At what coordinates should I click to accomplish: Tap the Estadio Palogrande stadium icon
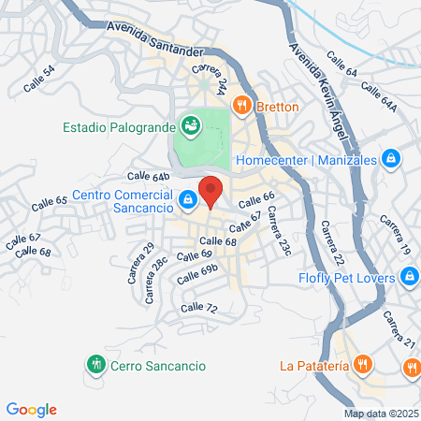click(x=191, y=125)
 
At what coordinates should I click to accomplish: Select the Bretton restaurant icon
click(x=242, y=106)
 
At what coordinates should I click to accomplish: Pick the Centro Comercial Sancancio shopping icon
click(x=189, y=199)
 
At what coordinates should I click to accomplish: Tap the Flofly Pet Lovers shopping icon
click(x=408, y=276)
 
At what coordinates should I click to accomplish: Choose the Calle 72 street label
click(x=198, y=308)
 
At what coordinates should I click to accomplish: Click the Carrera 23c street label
click(x=278, y=235)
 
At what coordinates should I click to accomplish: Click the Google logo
click(x=31, y=410)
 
